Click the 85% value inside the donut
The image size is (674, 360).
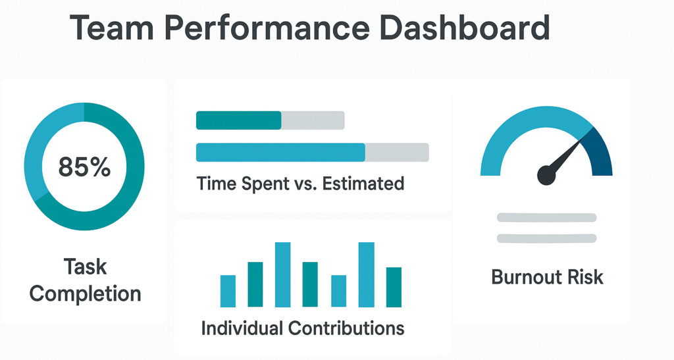coord(84,167)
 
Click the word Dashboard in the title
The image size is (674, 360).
coord(465,28)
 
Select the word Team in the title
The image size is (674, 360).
coord(112,28)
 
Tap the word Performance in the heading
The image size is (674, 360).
coord(267,28)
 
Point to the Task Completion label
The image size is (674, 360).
coord(85,280)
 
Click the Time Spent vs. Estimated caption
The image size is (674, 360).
coord(300,184)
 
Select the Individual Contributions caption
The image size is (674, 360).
coord(303,328)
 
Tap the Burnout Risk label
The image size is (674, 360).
coord(547,277)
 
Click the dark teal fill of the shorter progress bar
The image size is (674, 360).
coord(238,120)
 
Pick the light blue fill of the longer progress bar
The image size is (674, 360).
coord(280,153)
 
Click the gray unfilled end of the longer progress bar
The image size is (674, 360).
coord(397,153)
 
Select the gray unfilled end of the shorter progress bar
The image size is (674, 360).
coord(313,120)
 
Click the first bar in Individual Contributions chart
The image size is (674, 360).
coord(228,292)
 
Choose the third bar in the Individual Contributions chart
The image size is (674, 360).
coord(283,275)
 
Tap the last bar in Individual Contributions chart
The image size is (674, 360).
coord(394,288)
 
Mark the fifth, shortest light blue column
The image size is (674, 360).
coord(339,292)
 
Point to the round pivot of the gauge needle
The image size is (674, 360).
coord(546,175)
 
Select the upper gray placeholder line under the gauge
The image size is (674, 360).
coord(547,217)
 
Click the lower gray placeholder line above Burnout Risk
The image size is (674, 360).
coord(547,238)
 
